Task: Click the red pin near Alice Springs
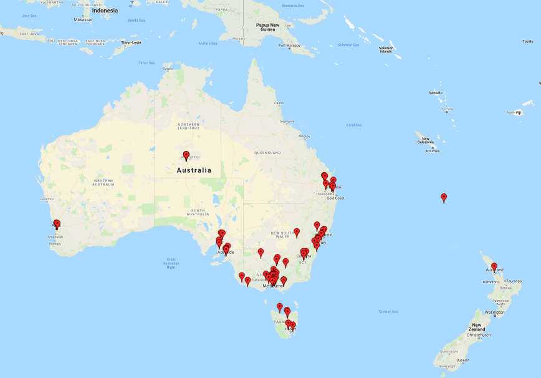(x=186, y=155)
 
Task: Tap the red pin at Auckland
(x=494, y=267)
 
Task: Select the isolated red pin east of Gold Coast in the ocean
(x=444, y=198)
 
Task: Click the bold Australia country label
(x=194, y=170)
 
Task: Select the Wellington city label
(x=494, y=312)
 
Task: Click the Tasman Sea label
(x=388, y=311)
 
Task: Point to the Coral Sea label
(x=353, y=125)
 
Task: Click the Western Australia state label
(x=103, y=182)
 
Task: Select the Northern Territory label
(x=188, y=127)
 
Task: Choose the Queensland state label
(x=267, y=152)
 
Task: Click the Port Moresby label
(x=289, y=46)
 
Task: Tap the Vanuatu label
(x=435, y=92)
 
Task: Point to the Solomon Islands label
(x=386, y=49)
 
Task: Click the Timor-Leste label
(x=131, y=42)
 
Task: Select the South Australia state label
(x=199, y=212)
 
